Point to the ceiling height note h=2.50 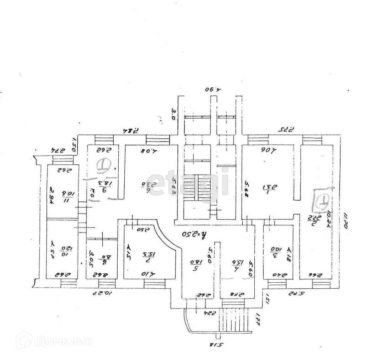tap(193, 233)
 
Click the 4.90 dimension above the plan tap(213, 90)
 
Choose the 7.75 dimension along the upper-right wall tap(285, 129)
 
